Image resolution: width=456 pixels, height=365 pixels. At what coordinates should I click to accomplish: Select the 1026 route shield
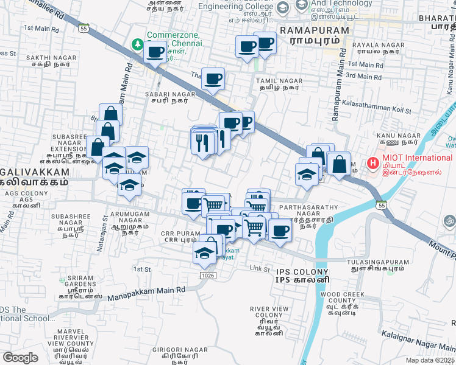(207, 276)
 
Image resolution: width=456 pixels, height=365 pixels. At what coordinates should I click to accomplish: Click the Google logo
(20, 357)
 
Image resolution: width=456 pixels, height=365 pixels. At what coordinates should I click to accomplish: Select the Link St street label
(260, 268)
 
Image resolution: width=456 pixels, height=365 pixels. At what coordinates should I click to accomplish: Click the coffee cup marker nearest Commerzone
(155, 53)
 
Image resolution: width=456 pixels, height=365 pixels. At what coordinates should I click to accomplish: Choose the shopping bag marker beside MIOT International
(339, 163)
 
